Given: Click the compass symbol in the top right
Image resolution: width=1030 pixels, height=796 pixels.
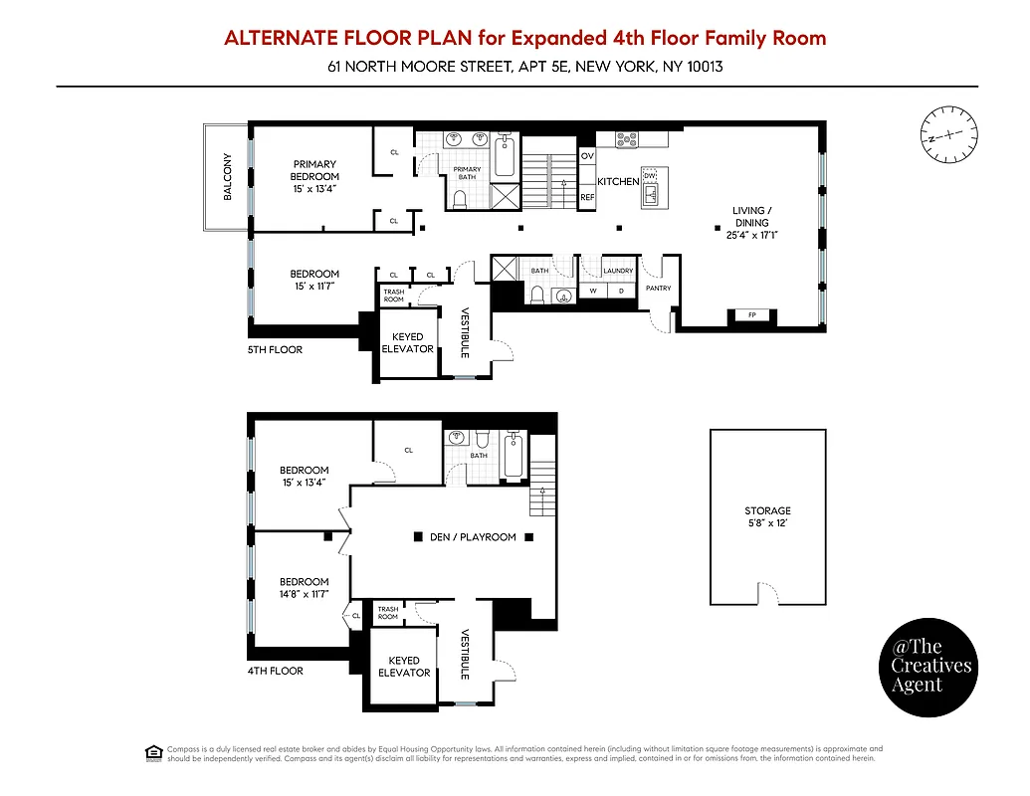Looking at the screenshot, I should point(949,133).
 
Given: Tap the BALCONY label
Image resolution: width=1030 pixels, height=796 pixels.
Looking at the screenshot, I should point(227,176).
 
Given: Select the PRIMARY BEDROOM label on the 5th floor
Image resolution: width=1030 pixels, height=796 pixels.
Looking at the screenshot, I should point(314,176).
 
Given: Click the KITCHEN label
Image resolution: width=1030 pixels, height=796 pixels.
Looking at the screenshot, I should point(617,182).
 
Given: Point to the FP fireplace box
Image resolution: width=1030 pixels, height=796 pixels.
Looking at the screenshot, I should point(751,315).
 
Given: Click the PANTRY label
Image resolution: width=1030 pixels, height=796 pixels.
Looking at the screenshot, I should point(658,289).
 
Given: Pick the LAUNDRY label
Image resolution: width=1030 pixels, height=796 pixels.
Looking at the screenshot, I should point(618,271).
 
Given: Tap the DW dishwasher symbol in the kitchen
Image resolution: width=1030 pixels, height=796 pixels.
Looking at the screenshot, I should point(650,176).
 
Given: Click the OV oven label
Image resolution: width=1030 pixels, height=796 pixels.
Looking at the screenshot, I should point(587,157).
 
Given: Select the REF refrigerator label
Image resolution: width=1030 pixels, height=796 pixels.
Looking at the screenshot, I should point(587,198).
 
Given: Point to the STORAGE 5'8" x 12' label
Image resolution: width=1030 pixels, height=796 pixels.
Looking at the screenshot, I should point(767,516).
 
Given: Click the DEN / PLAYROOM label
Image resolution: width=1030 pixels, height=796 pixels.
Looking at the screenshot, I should point(473,537).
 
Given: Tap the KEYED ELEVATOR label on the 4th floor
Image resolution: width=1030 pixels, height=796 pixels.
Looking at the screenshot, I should point(404,667).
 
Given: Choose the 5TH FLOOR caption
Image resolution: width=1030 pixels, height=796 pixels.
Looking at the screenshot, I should point(275,350).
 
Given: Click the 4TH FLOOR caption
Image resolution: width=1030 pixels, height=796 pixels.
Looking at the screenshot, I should point(275,671).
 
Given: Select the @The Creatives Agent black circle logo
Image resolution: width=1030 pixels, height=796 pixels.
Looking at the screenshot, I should point(930,667).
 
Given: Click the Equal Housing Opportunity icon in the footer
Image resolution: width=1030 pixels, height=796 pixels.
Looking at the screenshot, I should point(153,753).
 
